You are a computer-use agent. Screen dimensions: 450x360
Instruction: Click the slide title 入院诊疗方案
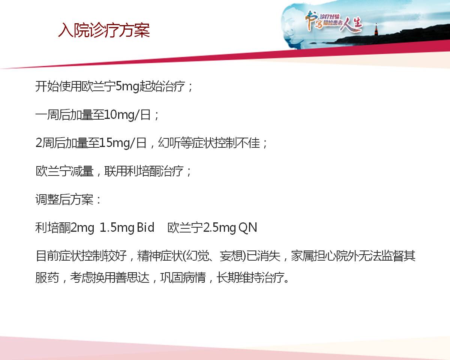(104, 30)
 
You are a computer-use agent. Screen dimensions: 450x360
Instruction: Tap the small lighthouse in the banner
(376, 29)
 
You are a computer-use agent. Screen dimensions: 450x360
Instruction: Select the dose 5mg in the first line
(127, 86)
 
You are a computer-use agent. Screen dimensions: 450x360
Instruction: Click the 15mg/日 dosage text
(123, 143)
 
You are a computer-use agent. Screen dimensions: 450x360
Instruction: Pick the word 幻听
(169, 143)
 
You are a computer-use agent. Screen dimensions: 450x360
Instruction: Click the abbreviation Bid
(145, 228)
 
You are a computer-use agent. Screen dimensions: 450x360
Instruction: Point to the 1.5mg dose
(116, 228)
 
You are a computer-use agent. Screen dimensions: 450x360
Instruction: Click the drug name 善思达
(132, 277)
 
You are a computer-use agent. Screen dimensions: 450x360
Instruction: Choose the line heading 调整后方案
(64, 199)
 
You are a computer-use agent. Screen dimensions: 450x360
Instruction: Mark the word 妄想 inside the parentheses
(231, 256)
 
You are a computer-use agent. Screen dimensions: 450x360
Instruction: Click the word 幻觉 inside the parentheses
(198, 256)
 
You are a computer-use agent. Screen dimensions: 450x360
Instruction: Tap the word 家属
(303, 256)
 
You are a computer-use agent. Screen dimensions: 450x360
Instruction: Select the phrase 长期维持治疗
(250, 277)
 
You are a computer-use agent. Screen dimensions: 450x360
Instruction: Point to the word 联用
(115, 171)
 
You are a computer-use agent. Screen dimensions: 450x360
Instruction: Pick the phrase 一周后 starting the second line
(53, 115)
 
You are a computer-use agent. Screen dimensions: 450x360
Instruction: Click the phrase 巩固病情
(183, 277)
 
